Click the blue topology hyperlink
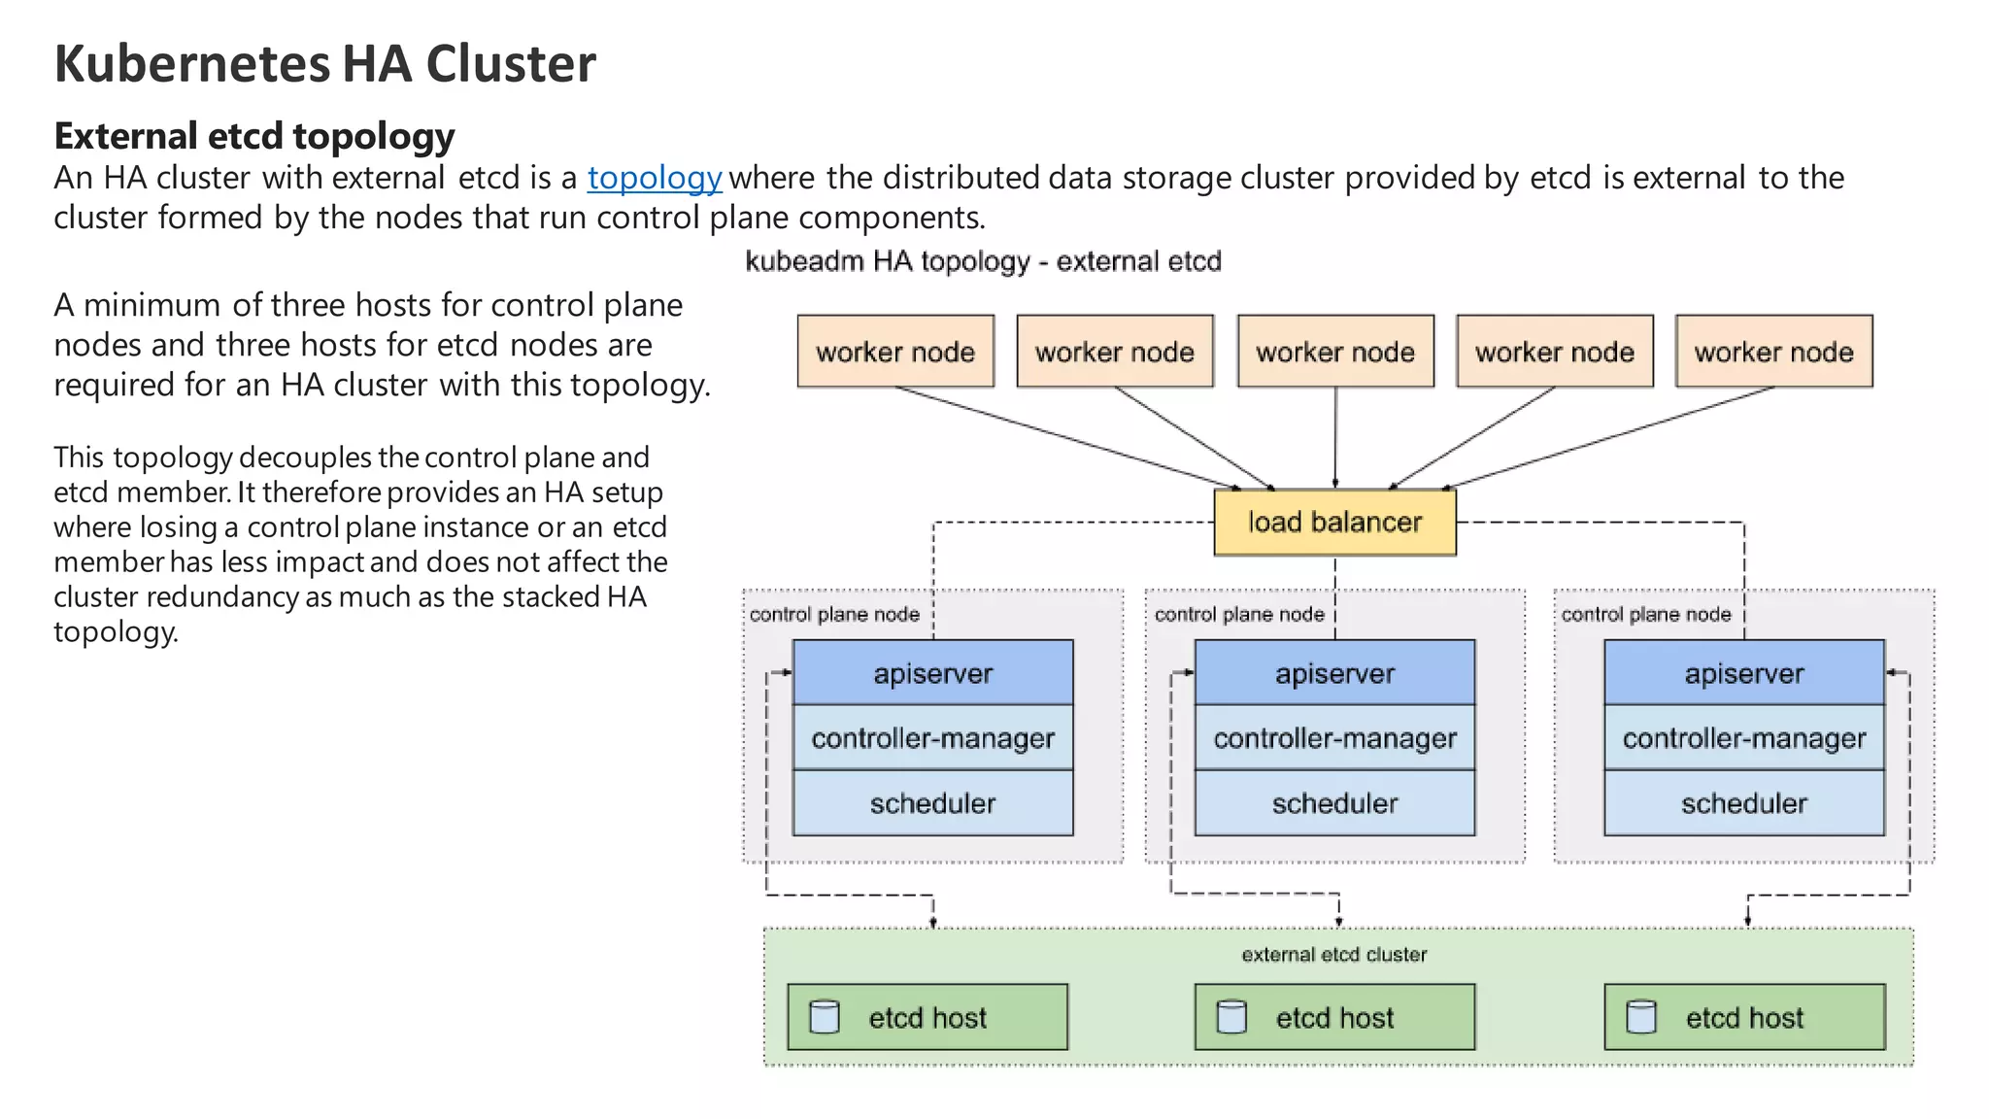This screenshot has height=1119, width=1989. pyautogui.click(x=655, y=179)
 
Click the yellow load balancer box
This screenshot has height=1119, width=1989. pyautogui.click(x=1334, y=523)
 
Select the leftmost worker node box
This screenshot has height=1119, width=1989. pyautogui.click(x=894, y=352)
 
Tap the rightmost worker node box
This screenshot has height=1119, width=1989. pyautogui.click(x=1773, y=352)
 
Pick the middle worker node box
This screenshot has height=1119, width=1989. pyautogui.click(x=1334, y=352)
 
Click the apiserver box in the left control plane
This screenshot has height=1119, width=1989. pyautogui.click(x=932, y=673)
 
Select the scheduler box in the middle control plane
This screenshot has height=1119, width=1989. pyautogui.click(x=1334, y=803)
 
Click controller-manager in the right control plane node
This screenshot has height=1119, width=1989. pyautogui.click(x=1743, y=738)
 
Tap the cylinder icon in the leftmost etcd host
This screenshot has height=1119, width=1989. pyautogui.click(x=825, y=1017)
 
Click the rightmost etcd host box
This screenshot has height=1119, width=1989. pyautogui.click(x=1743, y=1017)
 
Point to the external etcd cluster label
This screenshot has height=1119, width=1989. pyautogui.click(x=1333, y=955)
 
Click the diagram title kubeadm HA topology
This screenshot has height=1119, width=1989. pyautogui.click(x=982, y=261)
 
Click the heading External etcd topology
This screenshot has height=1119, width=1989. pyautogui.click(x=253, y=136)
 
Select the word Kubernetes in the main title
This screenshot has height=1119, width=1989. pyautogui.click(x=192, y=64)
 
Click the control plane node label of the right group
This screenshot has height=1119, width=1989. pyautogui.click(x=1645, y=615)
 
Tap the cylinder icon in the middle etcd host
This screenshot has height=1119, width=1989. pyautogui.click(x=1231, y=1017)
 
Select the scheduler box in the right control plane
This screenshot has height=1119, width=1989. pyautogui.click(x=1743, y=803)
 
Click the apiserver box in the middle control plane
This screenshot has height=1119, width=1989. pyautogui.click(x=1334, y=673)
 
